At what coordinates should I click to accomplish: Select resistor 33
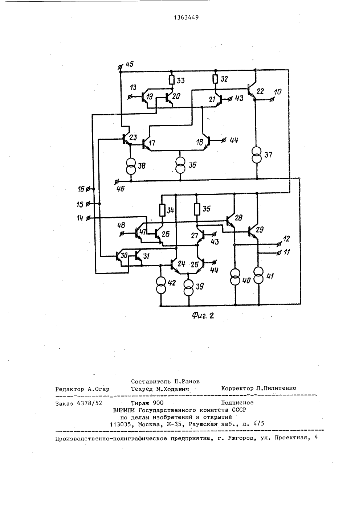(x=172, y=80)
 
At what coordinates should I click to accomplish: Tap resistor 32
(x=215, y=79)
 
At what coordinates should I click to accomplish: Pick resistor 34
(x=162, y=210)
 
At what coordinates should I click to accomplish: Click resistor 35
(x=197, y=209)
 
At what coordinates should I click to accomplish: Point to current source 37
(x=257, y=155)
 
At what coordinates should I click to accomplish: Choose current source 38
(x=131, y=165)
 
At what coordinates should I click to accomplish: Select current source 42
(x=161, y=286)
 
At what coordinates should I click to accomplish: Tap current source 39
(x=189, y=286)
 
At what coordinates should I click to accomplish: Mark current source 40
(x=235, y=277)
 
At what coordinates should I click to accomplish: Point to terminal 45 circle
(x=120, y=67)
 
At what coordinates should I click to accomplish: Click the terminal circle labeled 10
(x=272, y=99)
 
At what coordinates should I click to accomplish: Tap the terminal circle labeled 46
(x=117, y=182)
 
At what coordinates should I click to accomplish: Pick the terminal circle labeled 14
(x=87, y=218)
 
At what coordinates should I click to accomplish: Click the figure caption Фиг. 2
(x=203, y=316)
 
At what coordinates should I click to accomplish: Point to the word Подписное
(x=237, y=402)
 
